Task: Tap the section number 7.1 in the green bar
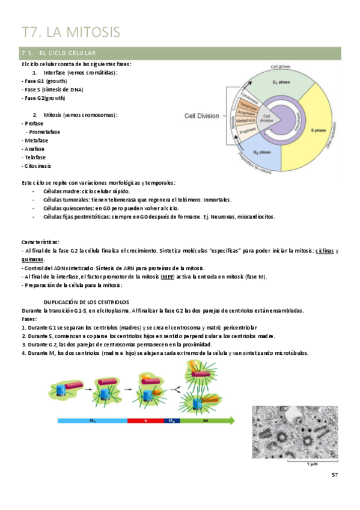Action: pos(28,54)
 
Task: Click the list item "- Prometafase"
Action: pos(43,132)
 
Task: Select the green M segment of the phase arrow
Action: pos(205,421)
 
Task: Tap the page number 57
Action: pos(335,476)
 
